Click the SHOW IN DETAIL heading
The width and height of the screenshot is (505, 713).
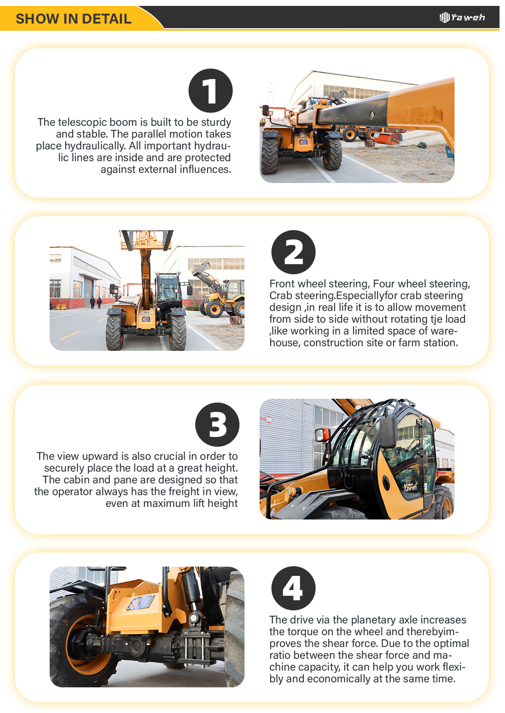tap(73, 19)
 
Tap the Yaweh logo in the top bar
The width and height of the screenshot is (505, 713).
tap(462, 17)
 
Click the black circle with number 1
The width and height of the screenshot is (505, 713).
tap(210, 90)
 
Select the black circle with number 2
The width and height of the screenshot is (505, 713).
tap(293, 252)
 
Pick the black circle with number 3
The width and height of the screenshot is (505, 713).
tap(217, 424)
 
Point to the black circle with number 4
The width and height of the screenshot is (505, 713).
tap(293, 588)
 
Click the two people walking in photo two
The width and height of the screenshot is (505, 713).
tap(96, 302)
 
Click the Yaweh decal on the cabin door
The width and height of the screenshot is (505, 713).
tap(410, 487)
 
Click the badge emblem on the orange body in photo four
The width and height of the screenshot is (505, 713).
tap(141, 602)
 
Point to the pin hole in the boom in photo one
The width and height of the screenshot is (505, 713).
tap(372, 114)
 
